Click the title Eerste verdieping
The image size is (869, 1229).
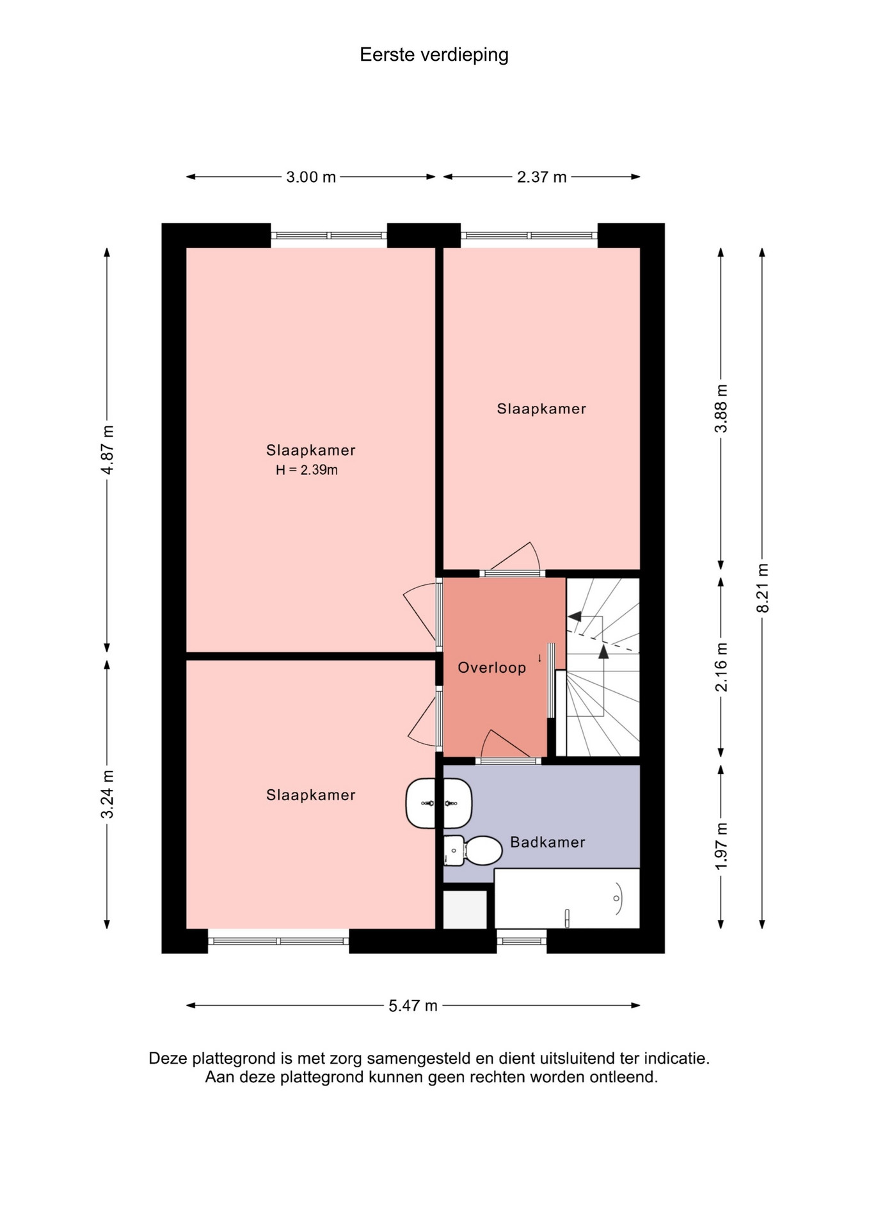point(434,55)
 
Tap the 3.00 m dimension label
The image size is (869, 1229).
point(311,177)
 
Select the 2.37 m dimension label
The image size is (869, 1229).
point(541,177)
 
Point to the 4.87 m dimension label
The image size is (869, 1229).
point(108,449)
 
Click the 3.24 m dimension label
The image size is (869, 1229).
point(108,794)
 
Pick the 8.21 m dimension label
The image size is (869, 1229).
point(763,588)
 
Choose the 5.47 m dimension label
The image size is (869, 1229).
point(413,1006)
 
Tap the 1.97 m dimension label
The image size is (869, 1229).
point(721,846)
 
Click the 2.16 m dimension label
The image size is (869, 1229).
point(721,667)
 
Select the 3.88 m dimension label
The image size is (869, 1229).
point(721,408)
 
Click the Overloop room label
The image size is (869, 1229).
point(491,668)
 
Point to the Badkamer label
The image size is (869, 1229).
point(547,842)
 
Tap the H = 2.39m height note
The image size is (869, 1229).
point(307,470)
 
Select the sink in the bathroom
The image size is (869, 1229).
point(439,803)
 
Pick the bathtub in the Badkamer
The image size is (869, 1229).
point(567,899)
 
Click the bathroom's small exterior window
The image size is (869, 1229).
point(522,941)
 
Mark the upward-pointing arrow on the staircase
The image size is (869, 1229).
point(603,652)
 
